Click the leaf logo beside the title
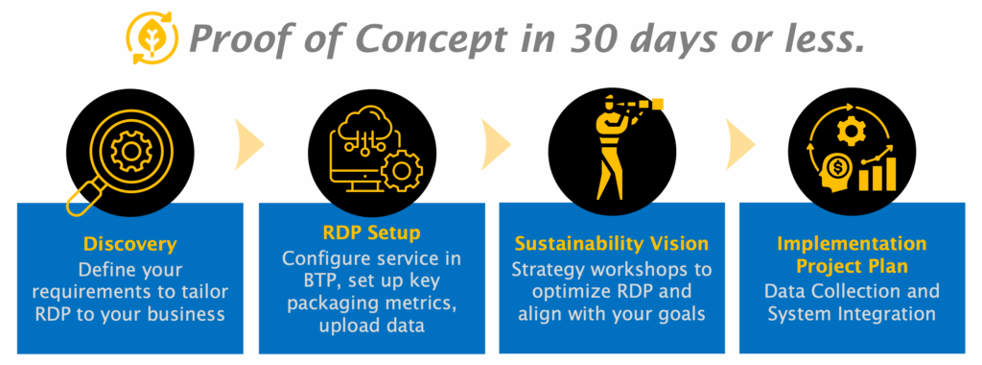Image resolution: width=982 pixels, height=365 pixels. tap(152, 38)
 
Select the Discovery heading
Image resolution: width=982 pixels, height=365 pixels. tap(130, 244)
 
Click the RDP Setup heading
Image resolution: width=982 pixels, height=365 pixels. tap(372, 233)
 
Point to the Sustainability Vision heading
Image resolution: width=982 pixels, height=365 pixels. tap(612, 243)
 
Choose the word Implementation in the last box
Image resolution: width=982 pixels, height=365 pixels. tap(852, 243)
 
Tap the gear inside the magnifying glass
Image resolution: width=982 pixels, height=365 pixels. tap(130, 151)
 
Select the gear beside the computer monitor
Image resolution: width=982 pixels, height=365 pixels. tap(402, 170)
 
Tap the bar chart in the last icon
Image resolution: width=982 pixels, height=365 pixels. tap(877, 174)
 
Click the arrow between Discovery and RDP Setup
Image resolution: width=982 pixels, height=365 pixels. tap(248, 145)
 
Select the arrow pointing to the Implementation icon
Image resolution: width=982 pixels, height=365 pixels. tap(739, 145)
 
